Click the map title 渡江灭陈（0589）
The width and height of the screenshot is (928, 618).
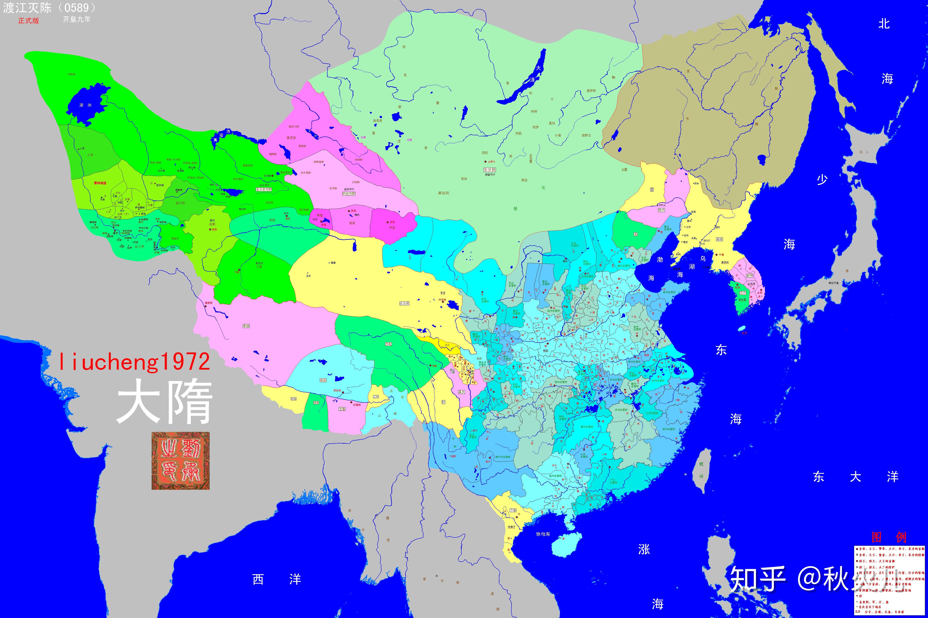pos(49,8)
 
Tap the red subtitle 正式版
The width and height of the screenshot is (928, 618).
pos(28,20)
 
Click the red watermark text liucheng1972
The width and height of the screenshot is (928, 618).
pos(134,362)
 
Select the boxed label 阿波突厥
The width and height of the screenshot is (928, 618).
pos(349,194)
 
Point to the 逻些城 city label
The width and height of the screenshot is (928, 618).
pos(337,390)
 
